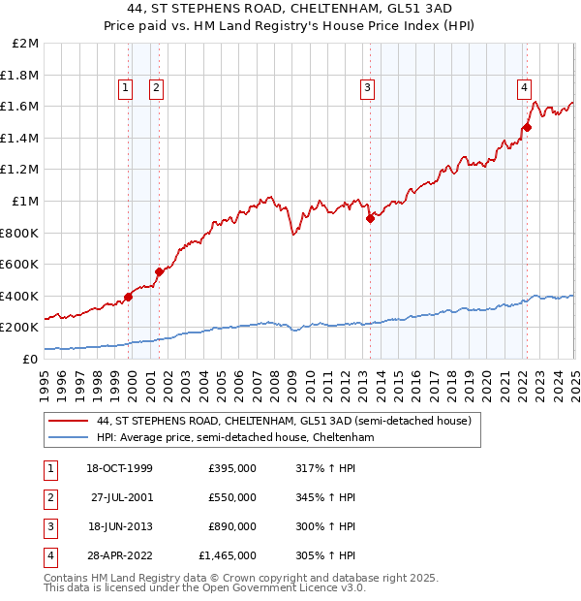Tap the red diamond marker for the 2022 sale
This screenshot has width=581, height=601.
pyautogui.click(x=528, y=126)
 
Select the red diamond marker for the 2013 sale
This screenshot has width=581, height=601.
pyautogui.click(x=370, y=218)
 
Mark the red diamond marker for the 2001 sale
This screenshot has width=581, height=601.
pyautogui.click(x=160, y=271)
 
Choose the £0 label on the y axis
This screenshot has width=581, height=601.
pyautogui.click(x=31, y=359)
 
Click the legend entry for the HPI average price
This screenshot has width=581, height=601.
pyautogui.click(x=233, y=438)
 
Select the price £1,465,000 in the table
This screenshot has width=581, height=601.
pyautogui.click(x=228, y=555)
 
